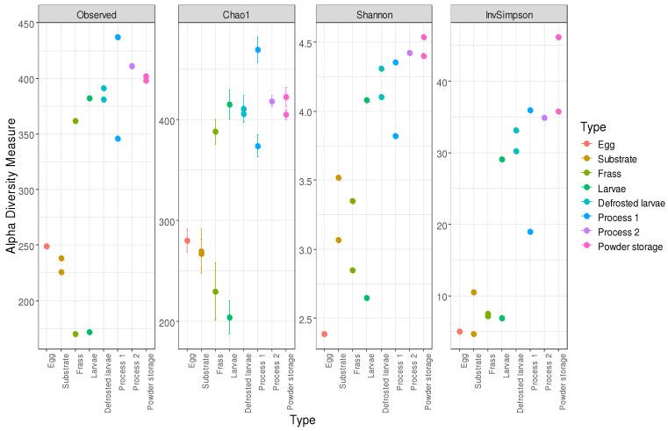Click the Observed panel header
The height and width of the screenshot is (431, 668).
98,15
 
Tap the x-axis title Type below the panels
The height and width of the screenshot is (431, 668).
303,420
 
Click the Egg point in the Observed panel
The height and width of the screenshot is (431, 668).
47,247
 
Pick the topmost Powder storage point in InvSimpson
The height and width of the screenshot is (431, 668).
558,37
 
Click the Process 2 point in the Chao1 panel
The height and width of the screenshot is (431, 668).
272,102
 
